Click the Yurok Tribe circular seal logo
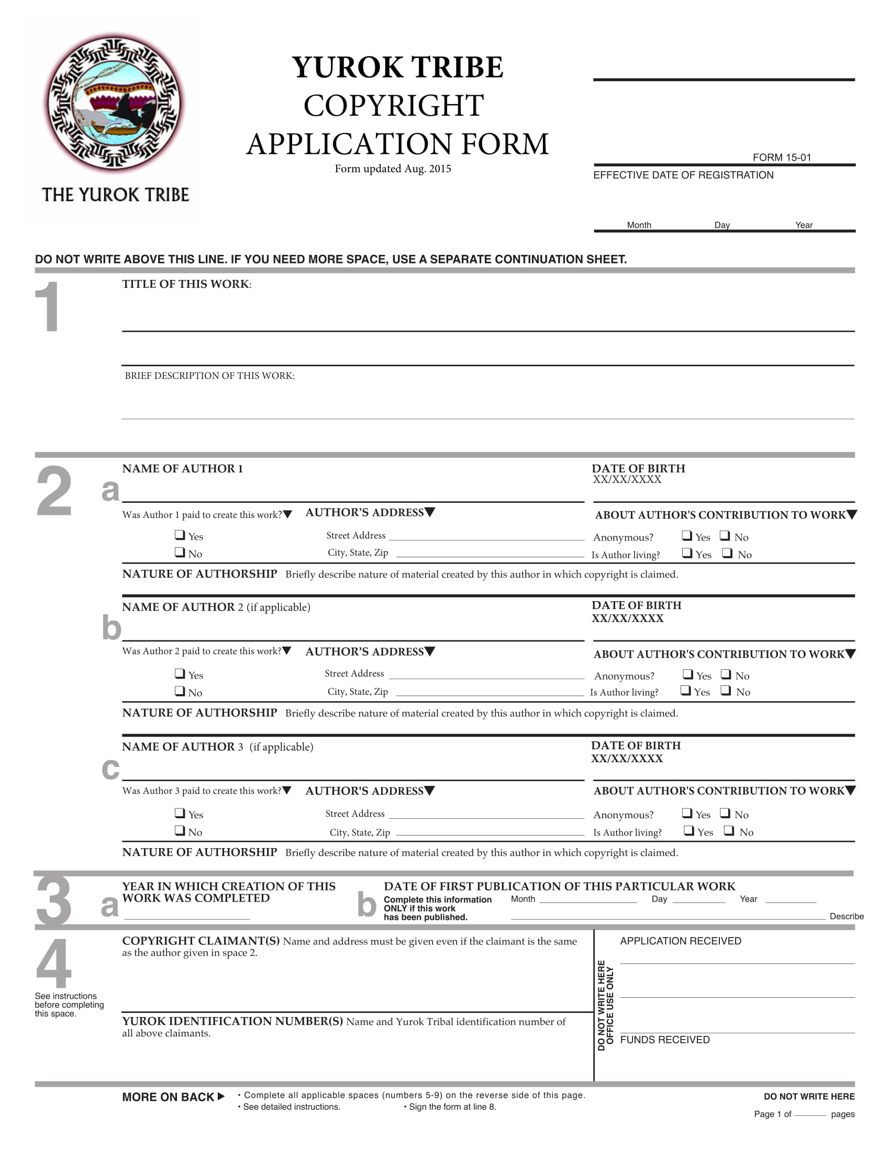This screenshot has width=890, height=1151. (x=114, y=104)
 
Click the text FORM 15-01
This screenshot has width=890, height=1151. (x=782, y=157)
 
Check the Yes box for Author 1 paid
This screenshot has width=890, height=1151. (x=180, y=535)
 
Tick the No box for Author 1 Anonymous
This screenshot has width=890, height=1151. (x=725, y=536)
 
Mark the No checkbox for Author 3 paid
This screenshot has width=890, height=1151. (x=180, y=831)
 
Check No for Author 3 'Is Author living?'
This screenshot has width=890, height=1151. (x=729, y=831)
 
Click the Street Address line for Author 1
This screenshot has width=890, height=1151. (x=486, y=537)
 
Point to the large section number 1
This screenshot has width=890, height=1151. (x=47, y=307)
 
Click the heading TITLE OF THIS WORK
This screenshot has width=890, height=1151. (x=187, y=285)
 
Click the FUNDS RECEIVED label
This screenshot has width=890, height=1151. (x=664, y=1040)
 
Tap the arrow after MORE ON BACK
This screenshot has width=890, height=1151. (x=221, y=1097)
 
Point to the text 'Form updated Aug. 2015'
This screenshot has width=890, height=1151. (x=393, y=168)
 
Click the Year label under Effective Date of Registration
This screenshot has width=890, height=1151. (x=804, y=225)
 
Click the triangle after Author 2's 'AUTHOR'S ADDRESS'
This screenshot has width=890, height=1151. (x=430, y=651)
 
